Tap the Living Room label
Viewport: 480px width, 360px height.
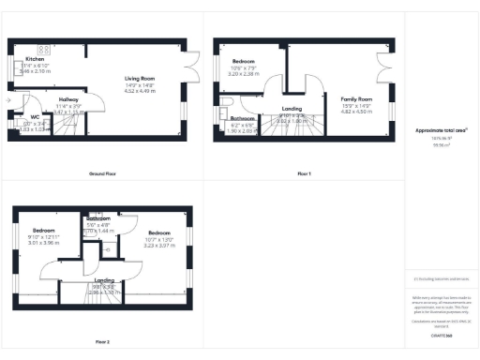point(141,78)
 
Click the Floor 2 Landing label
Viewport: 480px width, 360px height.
point(103,279)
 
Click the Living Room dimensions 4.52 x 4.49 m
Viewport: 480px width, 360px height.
point(141,90)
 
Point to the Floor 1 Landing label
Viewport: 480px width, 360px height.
point(291,110)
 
